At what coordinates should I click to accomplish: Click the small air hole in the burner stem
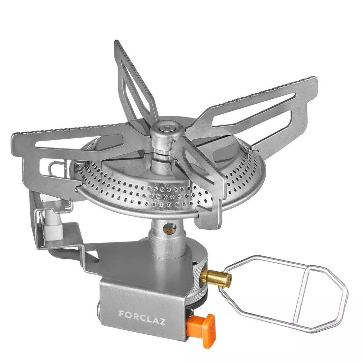[x=170, y=227]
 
